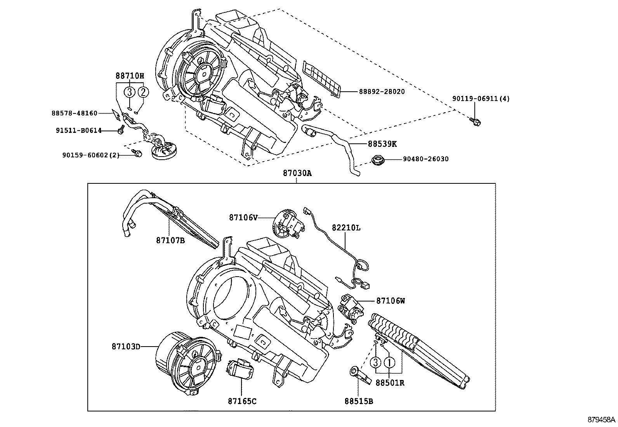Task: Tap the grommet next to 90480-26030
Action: [377, 160]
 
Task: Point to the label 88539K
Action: [382, 144]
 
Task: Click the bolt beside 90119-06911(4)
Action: [475, 122]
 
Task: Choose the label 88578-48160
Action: [75, 113]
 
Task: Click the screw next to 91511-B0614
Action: [121, 131]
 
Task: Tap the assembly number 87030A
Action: [297, 174]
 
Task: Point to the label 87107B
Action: [170, 241]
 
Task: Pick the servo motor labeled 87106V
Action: [287, 224]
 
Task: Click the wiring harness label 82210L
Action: [346, 228]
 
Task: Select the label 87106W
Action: [390, 300]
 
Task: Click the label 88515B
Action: [358, 401]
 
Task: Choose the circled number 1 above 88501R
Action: [389, 363]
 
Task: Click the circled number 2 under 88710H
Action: [143, 92]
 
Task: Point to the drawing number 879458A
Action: [601, 420]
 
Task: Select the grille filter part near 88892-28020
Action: [323, 78]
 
